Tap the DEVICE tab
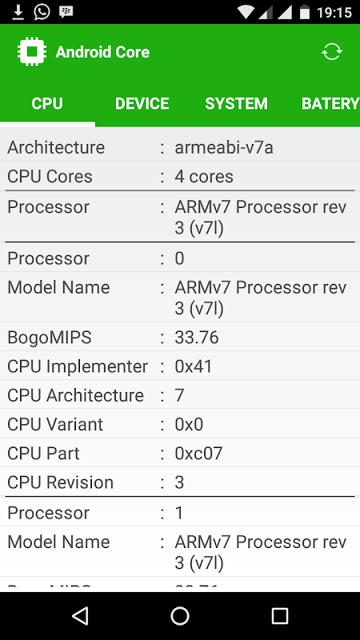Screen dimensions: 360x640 (x=142, y=104)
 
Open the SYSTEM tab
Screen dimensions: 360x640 (x=236, y=104)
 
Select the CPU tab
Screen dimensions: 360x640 (x=47, y=104)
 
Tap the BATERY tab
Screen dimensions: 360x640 (x=330, y=104)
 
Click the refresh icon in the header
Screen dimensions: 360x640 (x=331, y=52)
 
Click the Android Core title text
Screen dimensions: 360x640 (x=102, y=52)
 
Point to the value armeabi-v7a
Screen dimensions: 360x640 (x=224, y=147)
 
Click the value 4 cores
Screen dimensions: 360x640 (x=204, y=177)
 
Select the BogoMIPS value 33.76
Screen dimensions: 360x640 (x=197, y=338)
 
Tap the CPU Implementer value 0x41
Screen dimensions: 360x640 (x=194, y=366)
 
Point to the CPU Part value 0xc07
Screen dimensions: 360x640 (x=198, y=454)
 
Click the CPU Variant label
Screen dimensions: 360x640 (x=55, y=425)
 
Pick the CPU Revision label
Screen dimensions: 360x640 (x=61, y=482)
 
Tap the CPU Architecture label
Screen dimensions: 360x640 (x=75, y=395)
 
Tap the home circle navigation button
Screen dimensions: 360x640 (x=180, y=615)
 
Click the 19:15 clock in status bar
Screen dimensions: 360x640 (x=334, y=12)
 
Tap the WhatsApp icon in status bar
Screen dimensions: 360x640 (x=42, y=11)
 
